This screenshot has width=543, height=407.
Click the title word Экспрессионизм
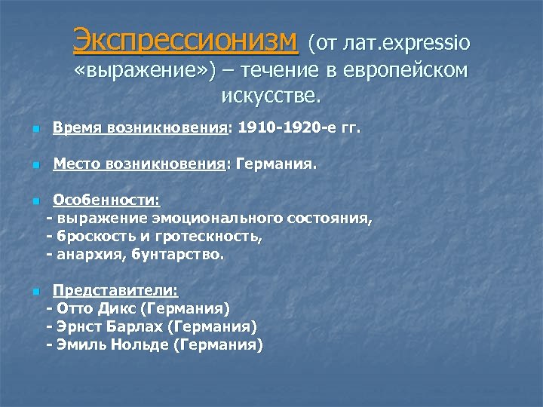click(186, 41)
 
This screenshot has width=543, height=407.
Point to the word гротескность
click(218, 237)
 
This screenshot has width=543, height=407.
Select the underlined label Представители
click(115, 290)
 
